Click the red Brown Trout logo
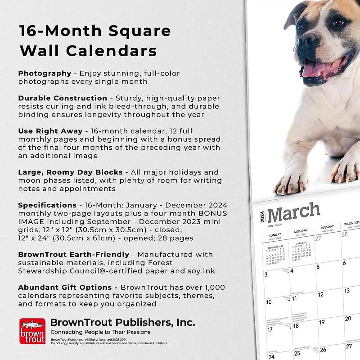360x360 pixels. point(32,331)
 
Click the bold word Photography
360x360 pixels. point(45,73)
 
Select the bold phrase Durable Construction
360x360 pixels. point(63,98)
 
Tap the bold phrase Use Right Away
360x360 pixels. point(50,131)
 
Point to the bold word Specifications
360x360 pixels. point(47,205)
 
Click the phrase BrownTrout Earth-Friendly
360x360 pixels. point(73,255)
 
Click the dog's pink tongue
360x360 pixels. point(317,69)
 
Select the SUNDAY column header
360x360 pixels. point(275,235)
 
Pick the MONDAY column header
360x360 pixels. point(301,231)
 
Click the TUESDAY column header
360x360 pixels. point(327,227)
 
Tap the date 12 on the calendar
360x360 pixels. point(320,295)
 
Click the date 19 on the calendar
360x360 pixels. point(322,322)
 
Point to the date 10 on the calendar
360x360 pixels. point(269,302)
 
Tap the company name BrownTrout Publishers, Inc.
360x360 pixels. point(122,322)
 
